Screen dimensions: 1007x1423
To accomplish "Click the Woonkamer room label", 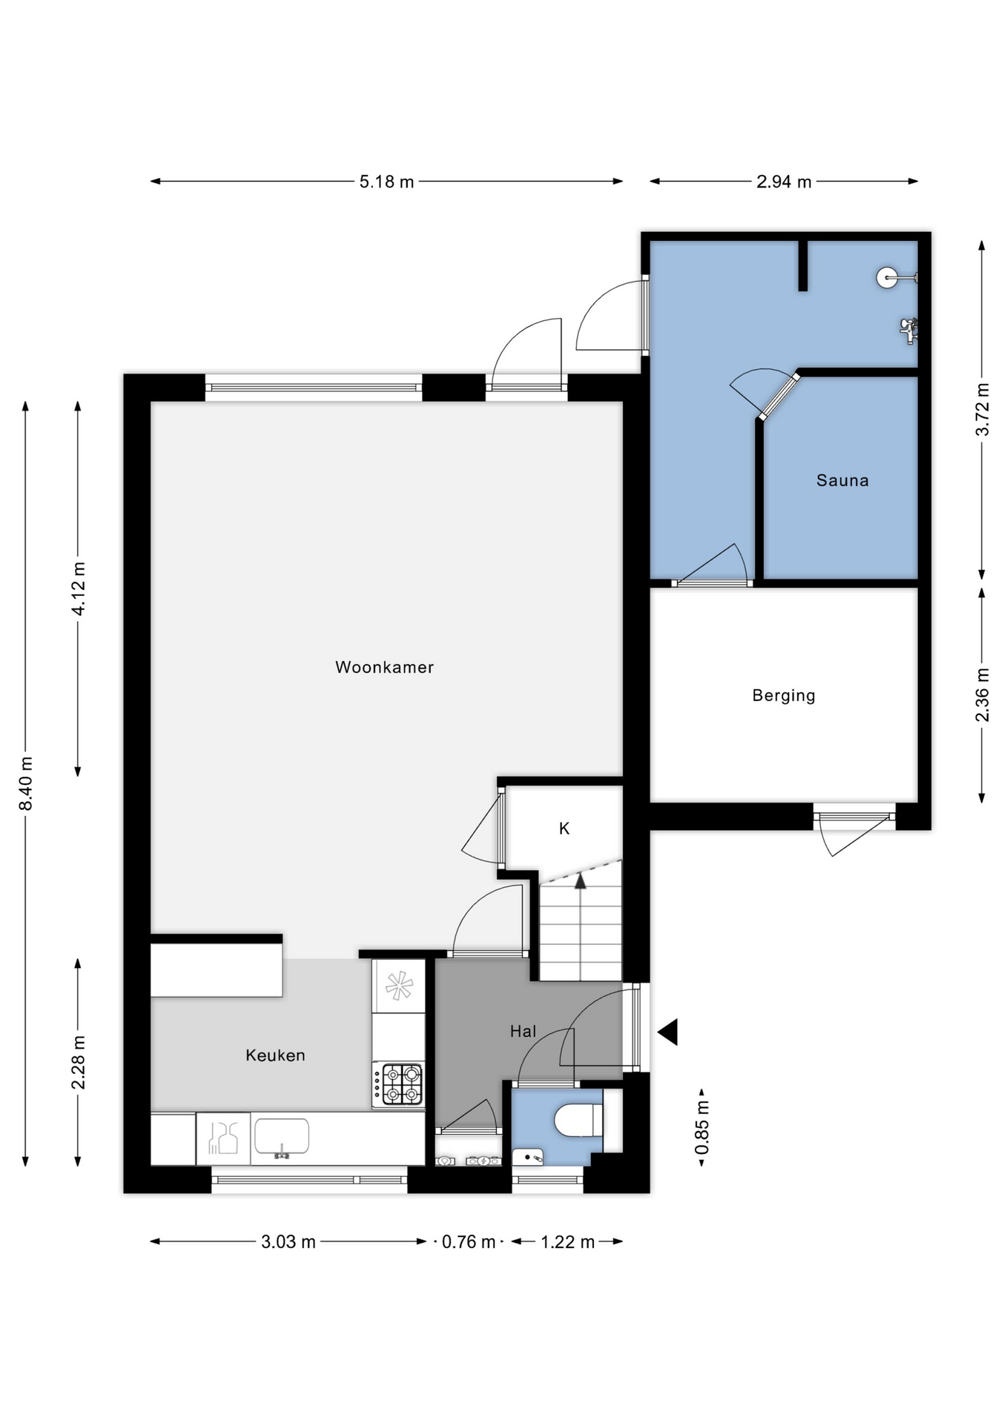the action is [x=384, y=667].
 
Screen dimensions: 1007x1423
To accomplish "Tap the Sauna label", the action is [x=842, y=480].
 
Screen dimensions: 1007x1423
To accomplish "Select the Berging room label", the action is [x=784, y=695].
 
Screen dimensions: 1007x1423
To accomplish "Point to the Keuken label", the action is [x=275, y=1055].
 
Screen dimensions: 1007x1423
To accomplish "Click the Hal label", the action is [x=523, y=1031].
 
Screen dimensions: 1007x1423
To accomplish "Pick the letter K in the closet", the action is [x=564, y=829].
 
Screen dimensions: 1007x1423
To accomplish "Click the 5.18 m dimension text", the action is [x=386, y=182].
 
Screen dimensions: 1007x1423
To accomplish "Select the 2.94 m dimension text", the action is [x=784, y=182].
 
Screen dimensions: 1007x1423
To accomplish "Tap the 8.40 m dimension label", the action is [x=26, y=783].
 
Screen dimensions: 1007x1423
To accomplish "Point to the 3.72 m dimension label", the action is [x=983, y=409].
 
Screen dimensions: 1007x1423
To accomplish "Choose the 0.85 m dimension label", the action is [x=701, y=1127].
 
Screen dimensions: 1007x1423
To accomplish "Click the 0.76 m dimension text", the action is [x=469, y=1241].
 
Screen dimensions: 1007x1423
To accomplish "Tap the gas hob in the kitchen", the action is [x=399, y=1084].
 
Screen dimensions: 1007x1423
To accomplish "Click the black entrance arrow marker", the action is [x=668, y=1032].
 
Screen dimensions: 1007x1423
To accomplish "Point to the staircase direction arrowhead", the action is [x=581, y=880].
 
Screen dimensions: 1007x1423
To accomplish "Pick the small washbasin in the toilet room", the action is [x=528, y=1157].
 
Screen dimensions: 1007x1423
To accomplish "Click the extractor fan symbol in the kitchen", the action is [x=399, y=986].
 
